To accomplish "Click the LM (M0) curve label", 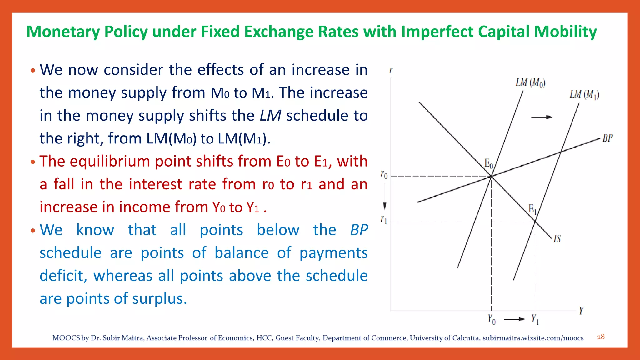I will point(530,83).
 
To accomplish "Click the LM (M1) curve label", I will point(584,94).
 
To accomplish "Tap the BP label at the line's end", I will point(607,138).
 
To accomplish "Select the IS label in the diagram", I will point(557,239).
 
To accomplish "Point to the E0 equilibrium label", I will point(488,163).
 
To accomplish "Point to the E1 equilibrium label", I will point(532,209).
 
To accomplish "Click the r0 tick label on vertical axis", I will point(384,174).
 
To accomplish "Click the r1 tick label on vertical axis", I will point(384,220).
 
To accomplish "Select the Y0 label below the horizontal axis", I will point(491,319).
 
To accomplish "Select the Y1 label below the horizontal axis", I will point(535,319).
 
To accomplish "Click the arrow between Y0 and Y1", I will point(514,319).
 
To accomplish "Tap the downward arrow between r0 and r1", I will point(385,197).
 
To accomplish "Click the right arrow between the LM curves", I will point(542,117).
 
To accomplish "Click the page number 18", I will point(601,337).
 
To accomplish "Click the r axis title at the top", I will point(391,70).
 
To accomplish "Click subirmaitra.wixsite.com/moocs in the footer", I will point(533,338).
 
